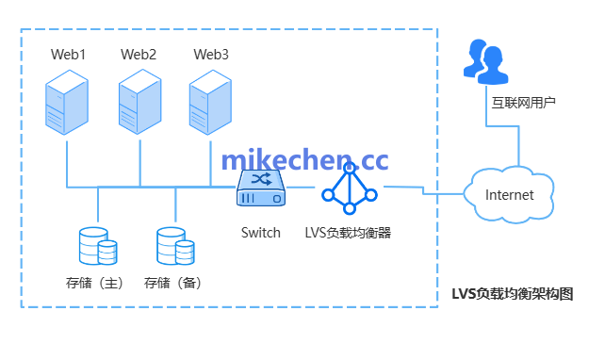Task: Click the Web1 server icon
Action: pos(68,105)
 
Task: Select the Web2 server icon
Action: pos(139,105)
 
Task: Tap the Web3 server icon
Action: pos(210,105)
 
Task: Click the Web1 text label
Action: pos(69,54)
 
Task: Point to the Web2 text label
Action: pos(139,54)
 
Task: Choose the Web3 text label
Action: pos(211,54)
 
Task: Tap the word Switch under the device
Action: pos(260,233)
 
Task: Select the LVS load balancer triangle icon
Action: pos(349,188)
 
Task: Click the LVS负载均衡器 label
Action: pos(348,233)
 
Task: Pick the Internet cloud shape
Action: pos(510,193)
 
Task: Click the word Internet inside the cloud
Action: pos(510,195)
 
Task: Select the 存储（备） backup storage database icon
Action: pos(175,247)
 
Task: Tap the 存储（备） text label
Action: pos(174,282)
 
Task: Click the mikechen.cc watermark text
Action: pos(303,159)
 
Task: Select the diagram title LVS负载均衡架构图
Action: pos(513,294)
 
